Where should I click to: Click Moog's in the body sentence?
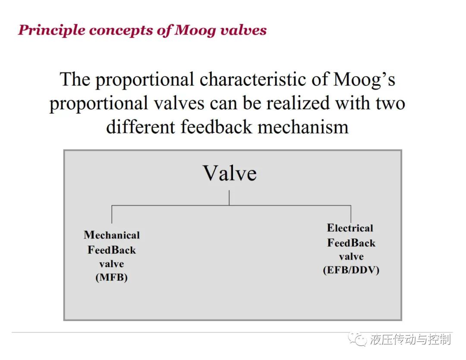364,80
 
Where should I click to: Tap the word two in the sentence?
390,104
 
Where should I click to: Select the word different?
141,127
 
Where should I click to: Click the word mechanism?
303,127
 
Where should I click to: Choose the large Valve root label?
230,173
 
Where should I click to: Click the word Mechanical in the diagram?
112,235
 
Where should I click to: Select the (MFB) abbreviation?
111,278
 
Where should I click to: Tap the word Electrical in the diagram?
350,228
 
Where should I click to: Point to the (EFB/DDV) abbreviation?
351,270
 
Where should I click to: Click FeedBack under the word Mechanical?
111,250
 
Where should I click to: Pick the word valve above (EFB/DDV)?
351,256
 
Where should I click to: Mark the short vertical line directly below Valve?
229,198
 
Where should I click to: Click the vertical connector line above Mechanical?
112,214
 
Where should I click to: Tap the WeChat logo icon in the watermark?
357,339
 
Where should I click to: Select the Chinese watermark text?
410,339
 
